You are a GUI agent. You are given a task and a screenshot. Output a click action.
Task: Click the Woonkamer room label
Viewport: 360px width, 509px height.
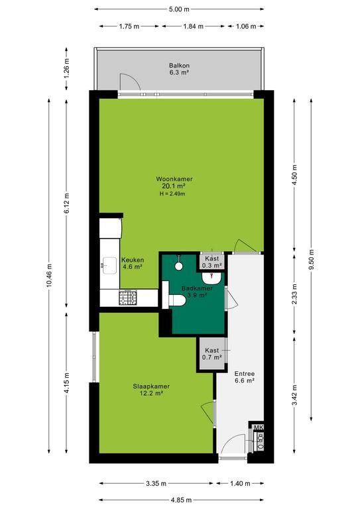click(174, 179)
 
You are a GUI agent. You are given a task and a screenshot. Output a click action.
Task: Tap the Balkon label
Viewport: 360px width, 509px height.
click(179, 65)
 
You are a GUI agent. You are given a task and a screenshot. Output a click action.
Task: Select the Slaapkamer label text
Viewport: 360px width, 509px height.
click(151, 386)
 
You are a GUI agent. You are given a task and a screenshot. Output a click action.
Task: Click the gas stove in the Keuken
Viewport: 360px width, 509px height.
click(127, 298)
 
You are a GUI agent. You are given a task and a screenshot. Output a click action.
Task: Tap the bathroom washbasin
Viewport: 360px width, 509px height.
click(211, 277)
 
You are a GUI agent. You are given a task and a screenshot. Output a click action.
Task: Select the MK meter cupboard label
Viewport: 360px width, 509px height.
click(259, 427)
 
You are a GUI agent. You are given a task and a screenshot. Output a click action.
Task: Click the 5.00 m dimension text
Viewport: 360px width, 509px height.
click(179, 9)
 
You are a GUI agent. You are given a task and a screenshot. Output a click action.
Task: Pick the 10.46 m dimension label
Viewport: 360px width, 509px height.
click(49, 275)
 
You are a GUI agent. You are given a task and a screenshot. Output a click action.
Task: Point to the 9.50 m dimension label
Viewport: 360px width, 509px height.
click(312, 259)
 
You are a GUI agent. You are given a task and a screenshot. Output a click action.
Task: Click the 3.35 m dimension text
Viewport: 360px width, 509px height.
click(156, 484)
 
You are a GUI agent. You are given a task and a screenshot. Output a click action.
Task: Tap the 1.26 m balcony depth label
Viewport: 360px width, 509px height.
click(66, 68)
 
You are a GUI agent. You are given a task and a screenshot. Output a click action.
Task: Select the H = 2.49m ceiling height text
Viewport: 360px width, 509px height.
click(172, 194)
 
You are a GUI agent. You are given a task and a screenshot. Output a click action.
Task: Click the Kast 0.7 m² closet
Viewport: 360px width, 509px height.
click(212, 354)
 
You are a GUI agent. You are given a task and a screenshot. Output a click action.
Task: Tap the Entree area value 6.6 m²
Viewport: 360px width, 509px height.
click(245, 381)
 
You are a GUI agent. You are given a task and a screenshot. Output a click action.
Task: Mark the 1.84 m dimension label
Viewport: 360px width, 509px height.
click(194, 27)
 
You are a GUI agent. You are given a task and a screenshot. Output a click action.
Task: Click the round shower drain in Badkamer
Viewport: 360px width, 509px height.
click(179, 266)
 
